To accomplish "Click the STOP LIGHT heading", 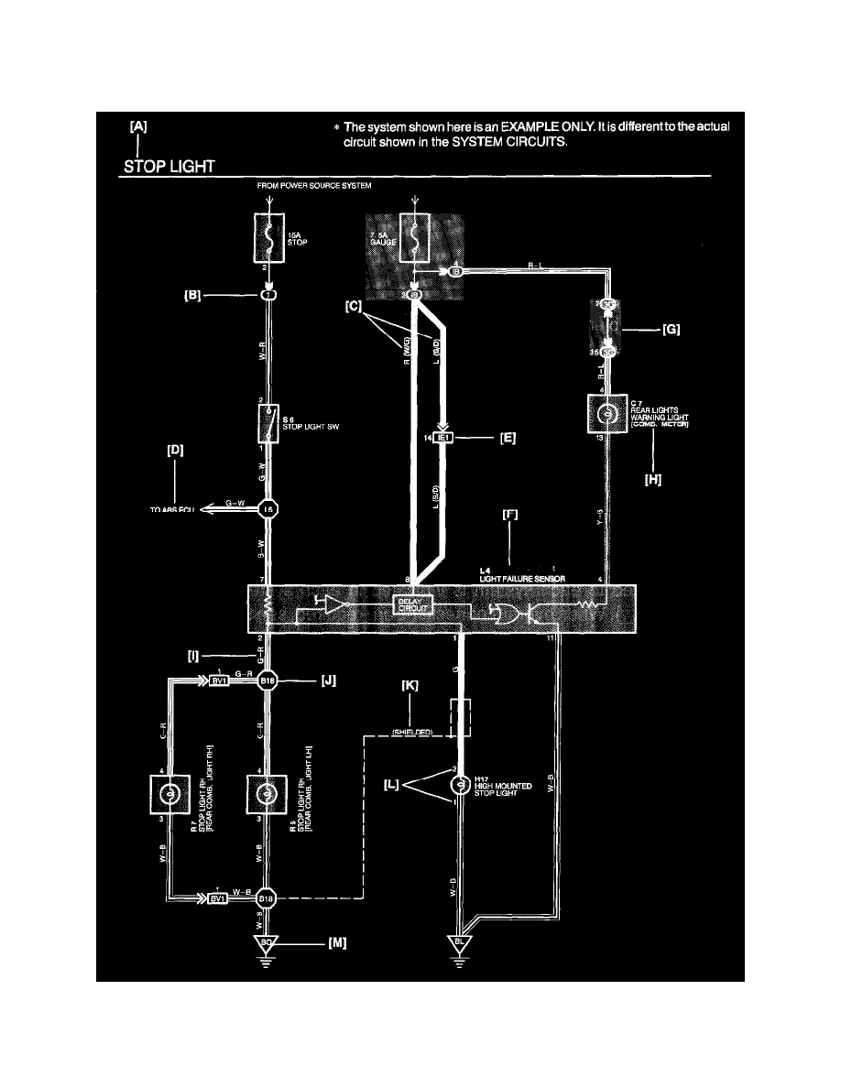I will [170, 167].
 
